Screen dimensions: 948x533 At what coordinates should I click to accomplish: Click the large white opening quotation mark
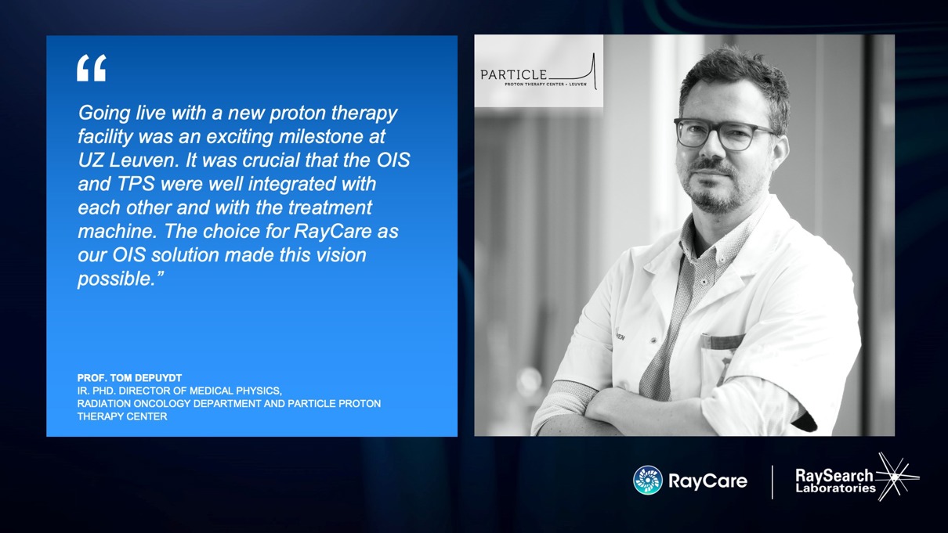[92, 67]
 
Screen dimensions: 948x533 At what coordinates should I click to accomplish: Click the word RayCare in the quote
[332, 231]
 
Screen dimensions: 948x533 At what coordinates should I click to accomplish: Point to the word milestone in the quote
[324, 136]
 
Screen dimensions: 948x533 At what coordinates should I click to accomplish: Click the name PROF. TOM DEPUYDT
[129, 378]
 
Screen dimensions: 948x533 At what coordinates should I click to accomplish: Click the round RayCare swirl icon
[647, 480]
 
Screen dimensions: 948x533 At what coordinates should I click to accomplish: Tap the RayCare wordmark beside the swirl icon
[707, 481]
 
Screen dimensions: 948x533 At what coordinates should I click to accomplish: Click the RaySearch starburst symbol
[896, 477]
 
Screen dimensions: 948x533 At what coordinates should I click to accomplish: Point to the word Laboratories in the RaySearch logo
[835, 488]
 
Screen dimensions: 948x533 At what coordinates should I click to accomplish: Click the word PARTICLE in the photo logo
[513, 75]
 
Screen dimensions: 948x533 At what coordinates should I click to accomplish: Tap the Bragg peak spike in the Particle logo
[594, 70]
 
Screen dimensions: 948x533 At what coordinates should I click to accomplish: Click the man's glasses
[725, 134]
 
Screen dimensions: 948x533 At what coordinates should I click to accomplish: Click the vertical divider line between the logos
[773, 482]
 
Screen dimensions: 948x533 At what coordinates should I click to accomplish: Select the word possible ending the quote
[117, 279]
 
